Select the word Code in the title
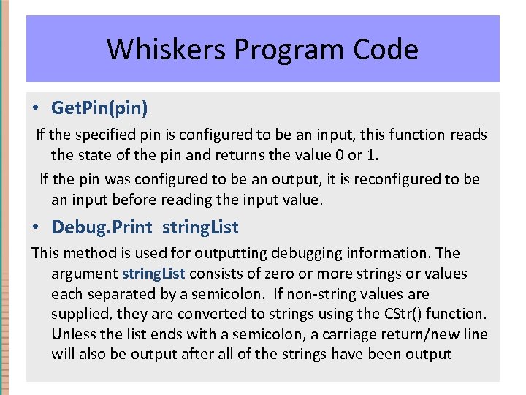tap(386, 50)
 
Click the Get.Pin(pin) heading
tap(99, 108)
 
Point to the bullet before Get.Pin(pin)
tap(36, 108)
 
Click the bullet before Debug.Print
tap(36, 227)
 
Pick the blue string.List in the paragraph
tap(153, 274)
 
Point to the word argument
tap(84, 274)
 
